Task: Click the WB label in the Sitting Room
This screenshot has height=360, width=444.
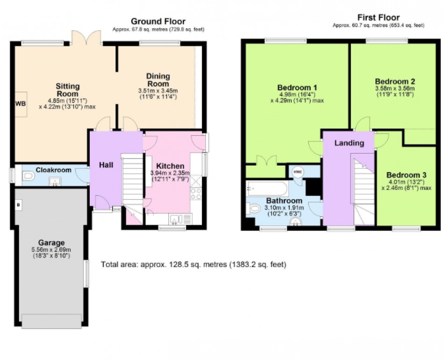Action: pyautogui.click(x=21, y=104)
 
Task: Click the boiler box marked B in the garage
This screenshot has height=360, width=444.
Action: pyautogui.click(x=18, y=204)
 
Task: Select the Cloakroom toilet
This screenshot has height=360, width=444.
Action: pyautogui.click(x=28, y=176)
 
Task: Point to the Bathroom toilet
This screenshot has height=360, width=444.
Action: pyautogui.click(x=254, y=209)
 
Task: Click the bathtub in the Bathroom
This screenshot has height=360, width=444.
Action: pyautogui.click(x=267, y=188)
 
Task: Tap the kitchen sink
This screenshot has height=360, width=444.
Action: pyautogui.click(x=176, y=219)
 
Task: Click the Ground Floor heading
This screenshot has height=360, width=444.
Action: pyautogui.click(x=158, y=21)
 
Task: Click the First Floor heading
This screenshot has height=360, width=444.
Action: pyautogui.click(x=378, y=18)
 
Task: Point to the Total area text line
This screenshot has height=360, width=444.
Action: pyautogui.click(x=193, y=265)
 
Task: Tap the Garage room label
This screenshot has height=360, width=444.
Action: pyautogui.click(x=51, y=243)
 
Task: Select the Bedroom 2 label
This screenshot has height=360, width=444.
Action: pyautogui.click(x=395, y=81)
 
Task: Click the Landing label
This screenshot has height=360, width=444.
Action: pyautogui.click(x=349, y=143)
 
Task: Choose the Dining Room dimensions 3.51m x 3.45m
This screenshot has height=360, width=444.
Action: pyautogui.click(x=158, y=91)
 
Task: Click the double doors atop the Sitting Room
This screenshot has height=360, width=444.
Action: pyautogui.click(x=86, y=38)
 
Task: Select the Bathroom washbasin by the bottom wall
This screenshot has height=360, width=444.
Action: pyautogui.click(x=295, y=223)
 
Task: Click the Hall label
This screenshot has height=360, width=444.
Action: pyautogui.click(x=106, y=165)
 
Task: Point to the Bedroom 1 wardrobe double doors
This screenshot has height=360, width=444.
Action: pyautogui.click(x=266, y=160)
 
